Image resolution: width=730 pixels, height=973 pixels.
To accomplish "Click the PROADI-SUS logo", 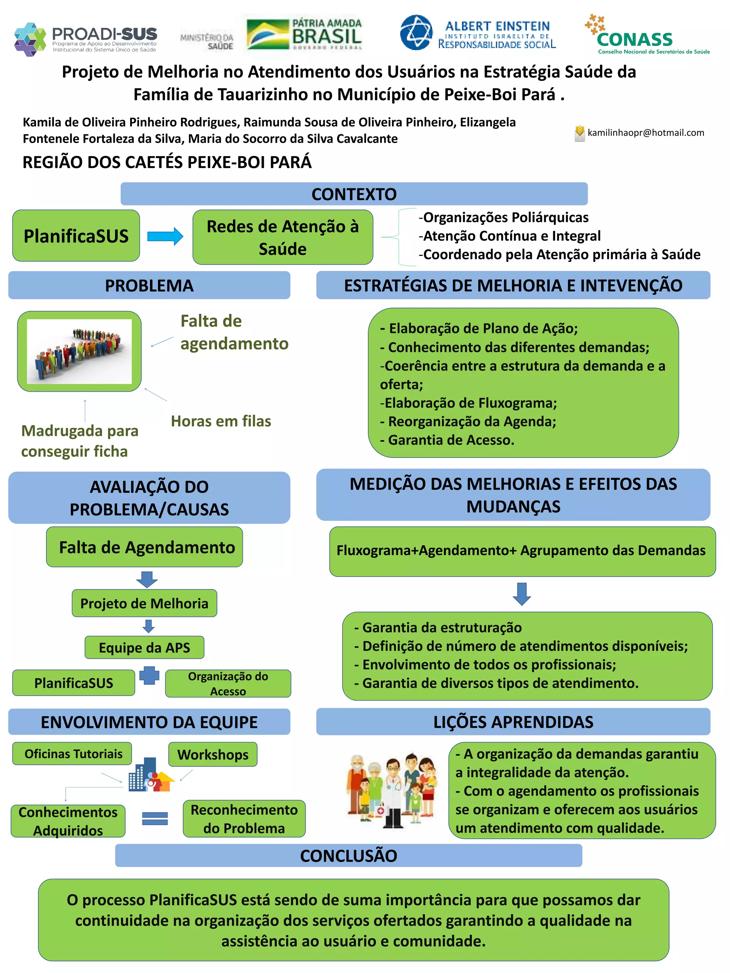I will point(86,39).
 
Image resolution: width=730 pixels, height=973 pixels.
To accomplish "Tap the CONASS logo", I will point(647,35).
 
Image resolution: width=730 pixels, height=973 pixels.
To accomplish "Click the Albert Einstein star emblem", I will point(416,32).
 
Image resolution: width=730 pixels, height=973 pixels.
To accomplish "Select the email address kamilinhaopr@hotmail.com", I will point(646,133).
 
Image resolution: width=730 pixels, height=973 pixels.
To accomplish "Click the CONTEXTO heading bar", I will point(354,194).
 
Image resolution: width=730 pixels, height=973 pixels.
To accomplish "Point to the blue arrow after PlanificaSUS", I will point(165,236).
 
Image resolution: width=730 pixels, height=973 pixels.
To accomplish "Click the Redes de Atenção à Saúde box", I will point(283,238).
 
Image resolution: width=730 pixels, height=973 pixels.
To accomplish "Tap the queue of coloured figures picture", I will point(79,351).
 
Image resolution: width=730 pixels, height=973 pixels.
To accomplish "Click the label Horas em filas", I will point(221,421).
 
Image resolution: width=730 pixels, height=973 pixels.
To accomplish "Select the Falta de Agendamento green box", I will point(145,547).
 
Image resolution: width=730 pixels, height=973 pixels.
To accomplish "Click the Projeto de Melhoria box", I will point(144,603).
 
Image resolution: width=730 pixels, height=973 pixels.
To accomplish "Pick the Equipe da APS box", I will point(144,647).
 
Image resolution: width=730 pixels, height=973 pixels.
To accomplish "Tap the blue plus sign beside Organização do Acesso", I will point(149,676).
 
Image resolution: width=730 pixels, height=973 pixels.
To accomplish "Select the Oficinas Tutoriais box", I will point(73,754).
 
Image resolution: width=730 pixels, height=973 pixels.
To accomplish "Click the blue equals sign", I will point(155,818).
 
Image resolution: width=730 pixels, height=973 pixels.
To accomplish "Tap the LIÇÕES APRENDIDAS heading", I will point(513,722).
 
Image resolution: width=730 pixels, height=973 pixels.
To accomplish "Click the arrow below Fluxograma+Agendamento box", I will point(522,594).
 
